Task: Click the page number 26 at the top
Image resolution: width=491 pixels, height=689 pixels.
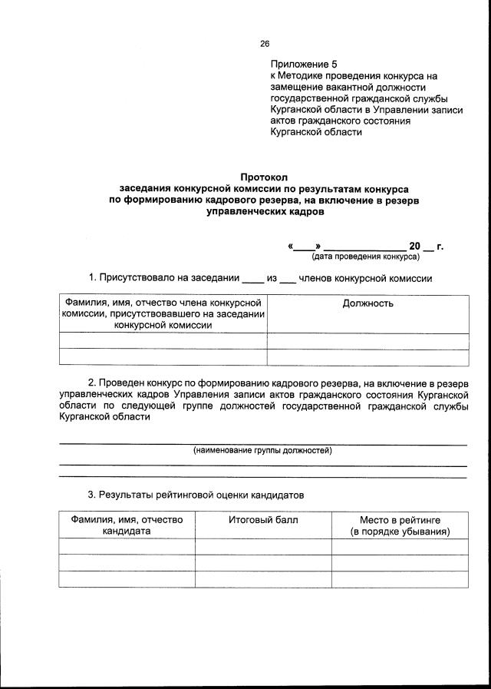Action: point(265,44)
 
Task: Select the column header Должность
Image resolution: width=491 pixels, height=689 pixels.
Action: point(367,303)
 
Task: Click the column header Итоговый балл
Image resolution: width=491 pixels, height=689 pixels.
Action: point(263,520)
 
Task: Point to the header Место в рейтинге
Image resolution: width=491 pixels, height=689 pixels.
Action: point(400,520)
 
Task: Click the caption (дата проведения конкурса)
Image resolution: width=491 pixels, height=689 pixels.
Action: point(365,256)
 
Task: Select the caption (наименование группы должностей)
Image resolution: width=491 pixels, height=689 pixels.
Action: point(262,451)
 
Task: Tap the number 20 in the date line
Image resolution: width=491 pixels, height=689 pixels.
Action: point(415,246)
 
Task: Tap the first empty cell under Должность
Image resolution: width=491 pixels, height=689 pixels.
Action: point(367,341)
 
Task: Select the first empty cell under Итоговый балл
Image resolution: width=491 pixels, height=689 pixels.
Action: point(263,546)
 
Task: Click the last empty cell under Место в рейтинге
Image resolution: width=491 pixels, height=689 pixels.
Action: point(400,579)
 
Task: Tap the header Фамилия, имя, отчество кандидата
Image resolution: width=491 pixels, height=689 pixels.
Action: point(127,525)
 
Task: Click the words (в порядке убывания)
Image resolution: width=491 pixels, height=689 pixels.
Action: point(400,532)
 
